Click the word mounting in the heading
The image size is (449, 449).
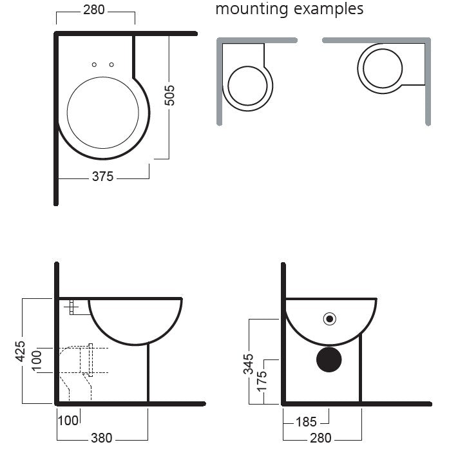(x=251, y=10)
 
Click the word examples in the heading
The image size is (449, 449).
(x=329, y=9)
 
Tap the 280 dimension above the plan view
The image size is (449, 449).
(x=94, y=10)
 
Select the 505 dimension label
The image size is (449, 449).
(x=169, y=95)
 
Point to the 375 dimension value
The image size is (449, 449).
(x=103, y=177)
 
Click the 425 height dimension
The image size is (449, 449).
(x=20, y=351)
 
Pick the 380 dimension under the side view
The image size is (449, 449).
(x=102, y=438)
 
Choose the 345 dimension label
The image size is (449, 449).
(x=248, y=364)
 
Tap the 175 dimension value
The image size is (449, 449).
(x=262, y=381)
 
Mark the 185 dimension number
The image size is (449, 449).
(x=306, y=422)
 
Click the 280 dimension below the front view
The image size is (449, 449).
(x=321, y=438)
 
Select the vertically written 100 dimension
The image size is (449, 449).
(x=36, y=361)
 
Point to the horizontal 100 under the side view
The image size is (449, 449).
(x=68, y=421)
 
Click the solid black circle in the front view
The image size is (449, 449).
(x=329, y=359)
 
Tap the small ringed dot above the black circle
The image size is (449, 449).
(x=330, y=319)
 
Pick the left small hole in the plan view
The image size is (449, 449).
(x=94, y=64)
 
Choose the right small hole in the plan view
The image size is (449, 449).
(x=111, y=64)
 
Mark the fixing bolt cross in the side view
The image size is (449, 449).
(x=71, y=307)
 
